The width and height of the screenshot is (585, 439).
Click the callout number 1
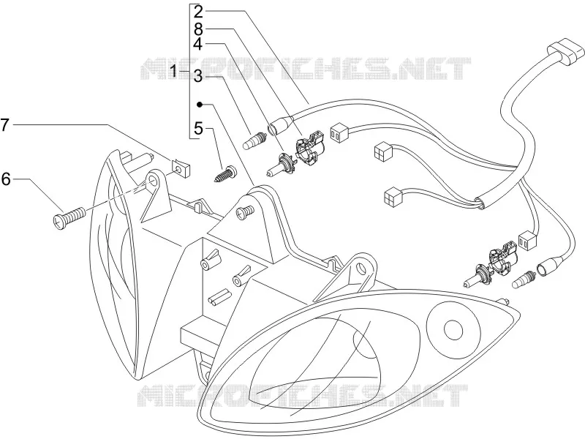[173, 70]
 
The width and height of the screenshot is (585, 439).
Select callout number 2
[198, 12]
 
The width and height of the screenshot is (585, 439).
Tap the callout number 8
[198, 29]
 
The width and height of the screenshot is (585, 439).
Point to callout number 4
[198, 44]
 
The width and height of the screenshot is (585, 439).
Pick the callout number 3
[198, 77]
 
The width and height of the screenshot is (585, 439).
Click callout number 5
[198, 129]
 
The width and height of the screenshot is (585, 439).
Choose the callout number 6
[7, 179]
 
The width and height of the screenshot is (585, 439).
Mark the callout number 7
[4, 124]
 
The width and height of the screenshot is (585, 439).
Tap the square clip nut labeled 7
[181, 168]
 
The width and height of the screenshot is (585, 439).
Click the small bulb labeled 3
[254, 143]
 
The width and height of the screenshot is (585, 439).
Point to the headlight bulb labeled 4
[281, 165]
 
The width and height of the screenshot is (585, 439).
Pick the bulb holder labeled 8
[310, 148]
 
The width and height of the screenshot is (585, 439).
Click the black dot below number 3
[200, 104]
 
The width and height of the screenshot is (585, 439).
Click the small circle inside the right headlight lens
[453, 330]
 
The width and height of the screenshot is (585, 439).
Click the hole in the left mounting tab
[152, 181]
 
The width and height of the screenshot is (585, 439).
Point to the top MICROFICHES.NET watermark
[305, 68]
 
